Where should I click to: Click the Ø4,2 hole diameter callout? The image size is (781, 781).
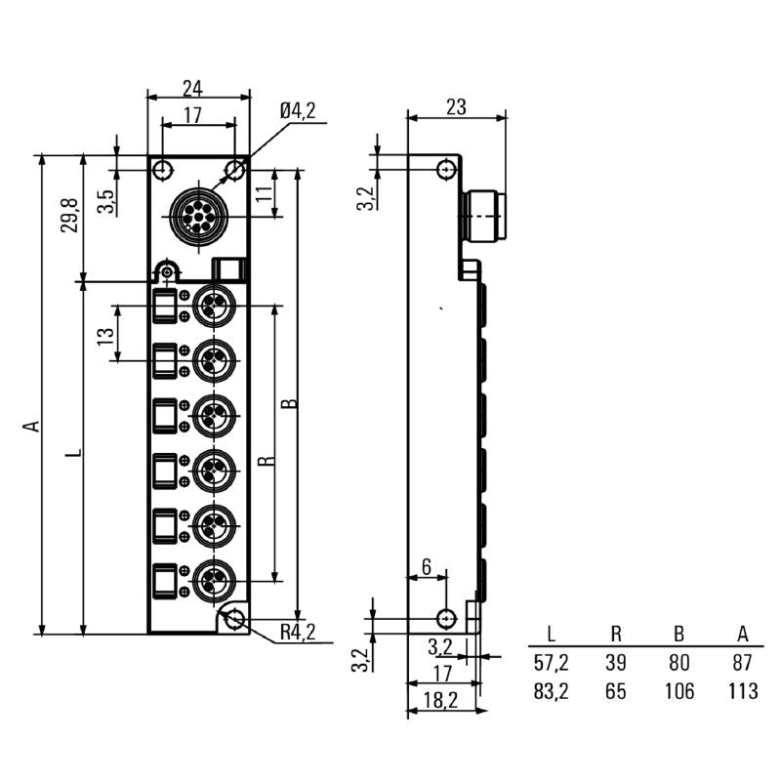pos(297,112)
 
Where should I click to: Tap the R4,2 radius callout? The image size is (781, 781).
pos(297,633)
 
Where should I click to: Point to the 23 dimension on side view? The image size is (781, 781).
pos(456,107)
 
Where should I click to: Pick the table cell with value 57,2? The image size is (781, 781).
pos(551,664)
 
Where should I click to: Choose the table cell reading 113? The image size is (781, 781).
pos(744,692)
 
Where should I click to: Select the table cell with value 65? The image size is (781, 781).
pos(615,692)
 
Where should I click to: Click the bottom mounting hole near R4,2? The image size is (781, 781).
pos(234,619)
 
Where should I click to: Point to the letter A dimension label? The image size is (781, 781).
pos(30,426)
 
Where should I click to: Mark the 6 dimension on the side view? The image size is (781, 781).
pos(426,567)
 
